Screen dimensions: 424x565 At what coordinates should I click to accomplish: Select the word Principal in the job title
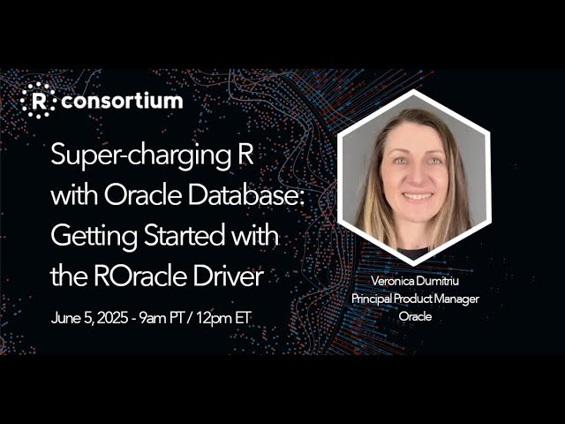[x=374, y=299]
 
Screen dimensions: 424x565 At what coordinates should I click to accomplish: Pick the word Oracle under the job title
[x=415, y=316]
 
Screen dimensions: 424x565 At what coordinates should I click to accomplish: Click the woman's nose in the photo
[x=415, y=178]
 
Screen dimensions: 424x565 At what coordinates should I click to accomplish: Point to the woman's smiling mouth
[x=416, y=195]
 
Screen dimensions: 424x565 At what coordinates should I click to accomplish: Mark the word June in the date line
[x=64, y=318]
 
